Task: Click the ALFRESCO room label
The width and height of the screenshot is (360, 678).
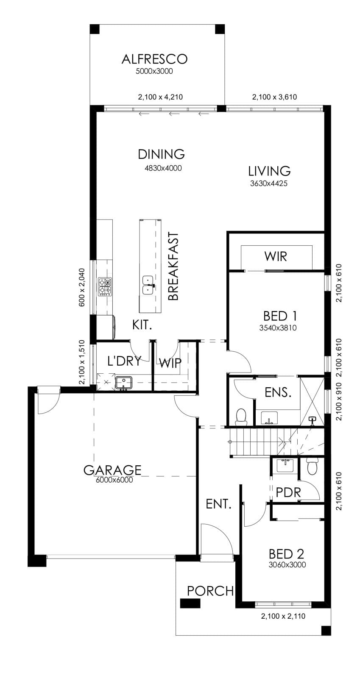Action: point(154,59)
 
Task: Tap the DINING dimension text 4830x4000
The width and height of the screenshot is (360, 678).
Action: point(163,168)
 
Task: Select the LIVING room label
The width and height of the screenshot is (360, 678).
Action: point(270,171)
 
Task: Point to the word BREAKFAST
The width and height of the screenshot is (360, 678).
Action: point(173,266)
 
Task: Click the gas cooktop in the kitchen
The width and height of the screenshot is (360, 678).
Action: point(105,286)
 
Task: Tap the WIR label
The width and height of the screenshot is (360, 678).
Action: point(276,256)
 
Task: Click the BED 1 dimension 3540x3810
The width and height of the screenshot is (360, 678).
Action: point(278,328)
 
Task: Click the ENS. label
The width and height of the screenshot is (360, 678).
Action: point(278,392)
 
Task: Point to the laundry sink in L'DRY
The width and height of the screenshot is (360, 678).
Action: point(123,383)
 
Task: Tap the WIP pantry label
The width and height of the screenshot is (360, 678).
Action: point(170,363)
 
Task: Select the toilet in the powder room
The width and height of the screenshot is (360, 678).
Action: point(312,467)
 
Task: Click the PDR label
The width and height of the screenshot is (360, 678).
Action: point(288,493)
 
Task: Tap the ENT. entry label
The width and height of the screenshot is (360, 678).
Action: point(219,504)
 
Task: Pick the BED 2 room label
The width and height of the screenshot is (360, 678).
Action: point(286,554)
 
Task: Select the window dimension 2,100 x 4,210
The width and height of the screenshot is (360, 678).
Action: point(160,97)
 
